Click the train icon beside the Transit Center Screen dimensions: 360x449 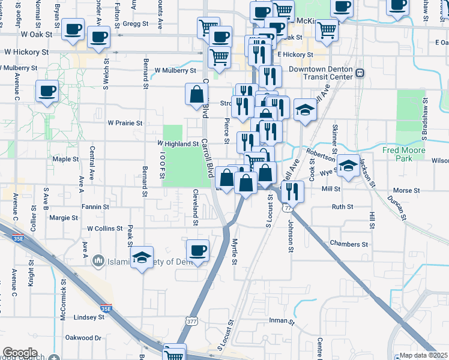[360, 73]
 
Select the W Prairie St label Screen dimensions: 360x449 [125, 123]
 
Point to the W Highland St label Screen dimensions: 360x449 [178, 144]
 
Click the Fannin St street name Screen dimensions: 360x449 [96, 207]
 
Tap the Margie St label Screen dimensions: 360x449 [63, 218]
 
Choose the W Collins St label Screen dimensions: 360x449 [105, 229]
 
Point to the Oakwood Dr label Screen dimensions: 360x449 [84, 338]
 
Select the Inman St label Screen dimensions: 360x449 [282, 322]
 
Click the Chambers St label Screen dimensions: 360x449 [349, 244]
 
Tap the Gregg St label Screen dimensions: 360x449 [137, 24]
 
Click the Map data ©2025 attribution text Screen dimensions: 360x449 [423, 355]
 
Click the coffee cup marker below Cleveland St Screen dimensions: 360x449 [197, 250]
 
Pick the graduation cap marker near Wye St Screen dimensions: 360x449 [348, 166]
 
